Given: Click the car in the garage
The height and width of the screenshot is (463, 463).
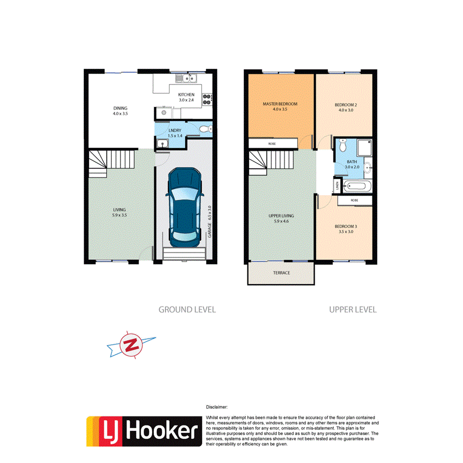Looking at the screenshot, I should click(184, 208).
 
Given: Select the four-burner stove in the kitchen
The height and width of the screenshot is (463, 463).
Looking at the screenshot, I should click(207, 99).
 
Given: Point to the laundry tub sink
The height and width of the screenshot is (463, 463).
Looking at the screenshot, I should click(162, 144).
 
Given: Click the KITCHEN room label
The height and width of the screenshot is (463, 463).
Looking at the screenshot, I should click(186, 95).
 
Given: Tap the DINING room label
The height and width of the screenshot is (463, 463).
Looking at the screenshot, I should click(120, 108).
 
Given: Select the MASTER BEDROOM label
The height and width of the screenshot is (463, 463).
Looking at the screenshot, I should click(280, 104).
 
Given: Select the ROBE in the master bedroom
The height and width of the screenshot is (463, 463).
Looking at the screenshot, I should click(271, 144).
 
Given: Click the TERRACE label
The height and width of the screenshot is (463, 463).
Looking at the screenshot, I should click(281, 273).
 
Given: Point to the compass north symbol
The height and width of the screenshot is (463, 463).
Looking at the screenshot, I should click(132, 345).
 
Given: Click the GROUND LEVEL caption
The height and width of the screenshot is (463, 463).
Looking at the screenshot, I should click(187, 309).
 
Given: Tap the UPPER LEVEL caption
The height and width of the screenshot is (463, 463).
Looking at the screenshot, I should click(353, 309).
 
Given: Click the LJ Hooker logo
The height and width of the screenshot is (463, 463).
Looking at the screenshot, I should click(144, 431).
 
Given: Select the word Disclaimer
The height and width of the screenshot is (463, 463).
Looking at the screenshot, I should click(216, 406).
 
